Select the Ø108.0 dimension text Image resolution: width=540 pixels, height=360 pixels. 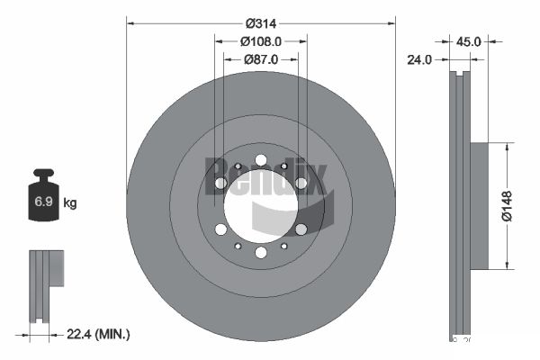[261, 41]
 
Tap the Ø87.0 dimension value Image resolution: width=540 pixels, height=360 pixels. [261, 58]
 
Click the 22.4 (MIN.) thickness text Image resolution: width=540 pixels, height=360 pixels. [99, 334]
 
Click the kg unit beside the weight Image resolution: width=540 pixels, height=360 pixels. [70, 203]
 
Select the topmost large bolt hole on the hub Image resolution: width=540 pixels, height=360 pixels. [260, 160]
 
